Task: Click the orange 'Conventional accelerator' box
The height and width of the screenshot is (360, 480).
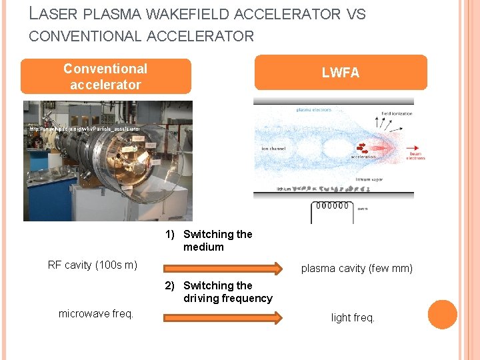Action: pyautogui.click(x=105, y=77)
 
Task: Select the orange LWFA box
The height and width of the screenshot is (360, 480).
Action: pyautogui.click(x=341, y=73)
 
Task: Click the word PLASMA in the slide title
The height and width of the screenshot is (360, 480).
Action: pyautogui.click(x=103, y=14)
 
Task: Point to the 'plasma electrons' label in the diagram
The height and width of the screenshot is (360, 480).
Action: pyautogui.click(x=314, y=109)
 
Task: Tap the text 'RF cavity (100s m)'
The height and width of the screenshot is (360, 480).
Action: pyautogui.click(x=93, y=265)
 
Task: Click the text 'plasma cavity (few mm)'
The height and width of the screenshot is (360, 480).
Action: pyautogui.click(x=357, y=269)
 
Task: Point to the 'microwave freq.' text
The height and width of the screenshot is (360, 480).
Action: pyautogui.click(x=96, y=313)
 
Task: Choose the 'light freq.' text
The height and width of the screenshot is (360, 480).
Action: pyautogui.click(x=353, y=318)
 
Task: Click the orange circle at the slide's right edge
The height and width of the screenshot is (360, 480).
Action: pyautogui.click(x=442, y=315)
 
